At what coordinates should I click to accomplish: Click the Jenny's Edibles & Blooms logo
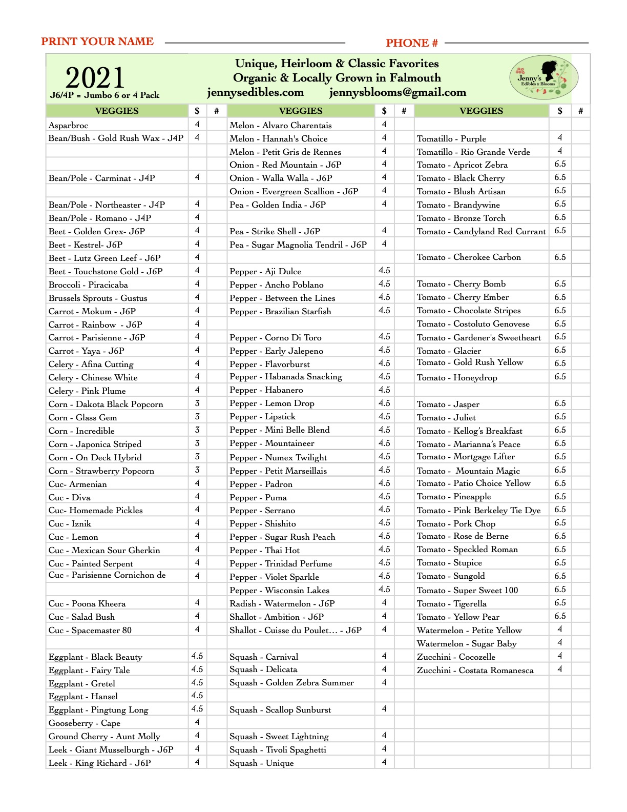tap(544, 78)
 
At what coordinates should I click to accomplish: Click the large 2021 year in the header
tap(95, 77)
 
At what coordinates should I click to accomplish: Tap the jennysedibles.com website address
tap(255, 92)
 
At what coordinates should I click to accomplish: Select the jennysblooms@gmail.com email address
tap(398, 92)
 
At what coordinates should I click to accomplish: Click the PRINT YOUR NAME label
tap(97, 42)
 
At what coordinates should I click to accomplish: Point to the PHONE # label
tap(412, 43)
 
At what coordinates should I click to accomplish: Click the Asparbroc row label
tap(69, 125)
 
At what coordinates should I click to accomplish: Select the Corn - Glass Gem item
tap(83, 417)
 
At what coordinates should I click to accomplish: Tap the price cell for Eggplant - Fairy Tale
tap(197, 669)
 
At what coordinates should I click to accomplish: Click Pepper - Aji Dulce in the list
tap(265, 271)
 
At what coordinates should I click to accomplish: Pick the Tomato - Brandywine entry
tap(458, 205)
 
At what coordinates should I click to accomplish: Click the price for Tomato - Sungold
tap(560, 576)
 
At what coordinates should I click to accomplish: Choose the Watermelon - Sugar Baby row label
tap(467, 643)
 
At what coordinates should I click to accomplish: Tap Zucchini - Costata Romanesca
tap(475, 670)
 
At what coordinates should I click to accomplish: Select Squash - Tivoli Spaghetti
tap(278, 749)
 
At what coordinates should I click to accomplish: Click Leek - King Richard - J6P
tap(100, 763)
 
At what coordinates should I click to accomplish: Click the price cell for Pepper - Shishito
tap(384, 523)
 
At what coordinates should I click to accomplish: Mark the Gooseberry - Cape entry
tap(85, 723)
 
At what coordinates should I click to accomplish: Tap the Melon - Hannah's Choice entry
tap(279, 138)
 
